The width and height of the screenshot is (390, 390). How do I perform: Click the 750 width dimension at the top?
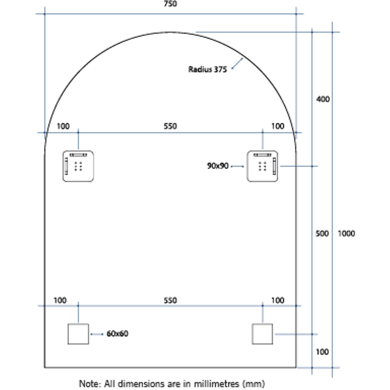pos(170,4)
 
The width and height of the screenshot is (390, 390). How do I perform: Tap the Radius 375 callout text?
pos(208,69)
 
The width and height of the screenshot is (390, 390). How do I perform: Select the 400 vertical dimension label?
pos(322,99)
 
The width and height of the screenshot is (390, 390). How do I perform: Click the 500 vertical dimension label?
pos(322,234)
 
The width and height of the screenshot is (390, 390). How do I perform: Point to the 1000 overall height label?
pos(346,234)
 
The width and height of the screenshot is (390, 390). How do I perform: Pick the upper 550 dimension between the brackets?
pos(170,126)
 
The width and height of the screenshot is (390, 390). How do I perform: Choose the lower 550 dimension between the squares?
pos(170,300)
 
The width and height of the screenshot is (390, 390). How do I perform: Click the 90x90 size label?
pos(218,166)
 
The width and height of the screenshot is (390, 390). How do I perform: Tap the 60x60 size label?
pos(117,334)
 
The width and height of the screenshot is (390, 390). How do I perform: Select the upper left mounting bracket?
pos(78,166)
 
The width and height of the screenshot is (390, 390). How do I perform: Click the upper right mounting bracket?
pos(262,166)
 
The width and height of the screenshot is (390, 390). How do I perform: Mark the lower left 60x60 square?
pos(78,334)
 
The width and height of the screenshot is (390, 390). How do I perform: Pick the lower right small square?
pos(262,334)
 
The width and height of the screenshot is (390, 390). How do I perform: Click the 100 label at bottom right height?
pos(322,352)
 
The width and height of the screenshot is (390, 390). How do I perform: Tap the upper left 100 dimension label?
pos(63,126)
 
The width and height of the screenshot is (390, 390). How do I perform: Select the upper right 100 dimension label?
pos(277,126)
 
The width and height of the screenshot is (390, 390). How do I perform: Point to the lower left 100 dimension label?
pos(60,300)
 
